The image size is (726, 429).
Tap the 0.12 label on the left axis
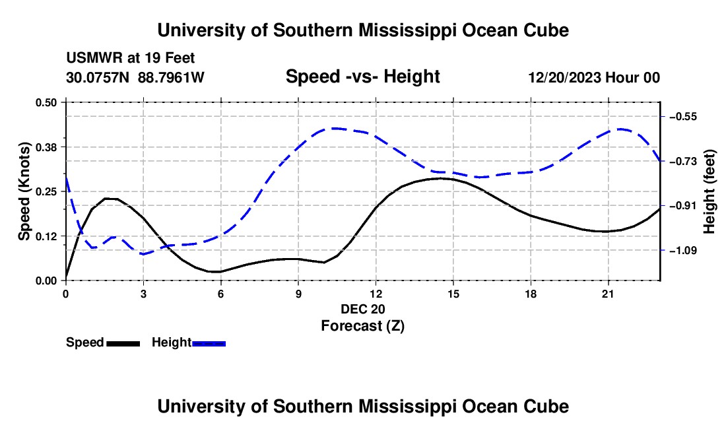pyautogui.click(x=46, y=236)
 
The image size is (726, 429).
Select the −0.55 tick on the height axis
pyautogui.click(x=683, y=117)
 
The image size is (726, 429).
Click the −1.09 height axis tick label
pyautogui.click(x=683, y=250)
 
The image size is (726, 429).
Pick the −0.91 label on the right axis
pyautogui.click(x=683, y=205)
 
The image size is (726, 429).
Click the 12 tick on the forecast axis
pyautogui.click(x=376, y=294)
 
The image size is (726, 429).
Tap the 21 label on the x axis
pyautogui.click(x=608, y=294)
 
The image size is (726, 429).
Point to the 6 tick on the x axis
pyautogui.click(x=221, y=294)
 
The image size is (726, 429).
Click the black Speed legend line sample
pyautogui.click(x=123, y=344)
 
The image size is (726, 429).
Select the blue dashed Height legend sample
pyautogui.click(x=209, y=344)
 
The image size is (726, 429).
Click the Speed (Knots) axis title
pyautogui.click(x=24, y=191)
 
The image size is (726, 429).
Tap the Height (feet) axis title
pyautogui.click(x=709, y=191)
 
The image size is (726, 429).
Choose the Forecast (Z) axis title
pyautogui.click(x=363, y=326)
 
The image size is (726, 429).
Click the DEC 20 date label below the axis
pyautogui.click(x=363, y=309)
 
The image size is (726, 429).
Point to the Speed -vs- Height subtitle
pyautogui.click(x=363, y=77)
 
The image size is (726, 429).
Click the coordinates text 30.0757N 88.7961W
pyautogui.click(x=135, y=77)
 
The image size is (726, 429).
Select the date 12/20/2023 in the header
pyautogui.click(x=566, y=77)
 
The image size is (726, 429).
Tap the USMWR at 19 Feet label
pyautogui.click(x=131, y=58)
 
